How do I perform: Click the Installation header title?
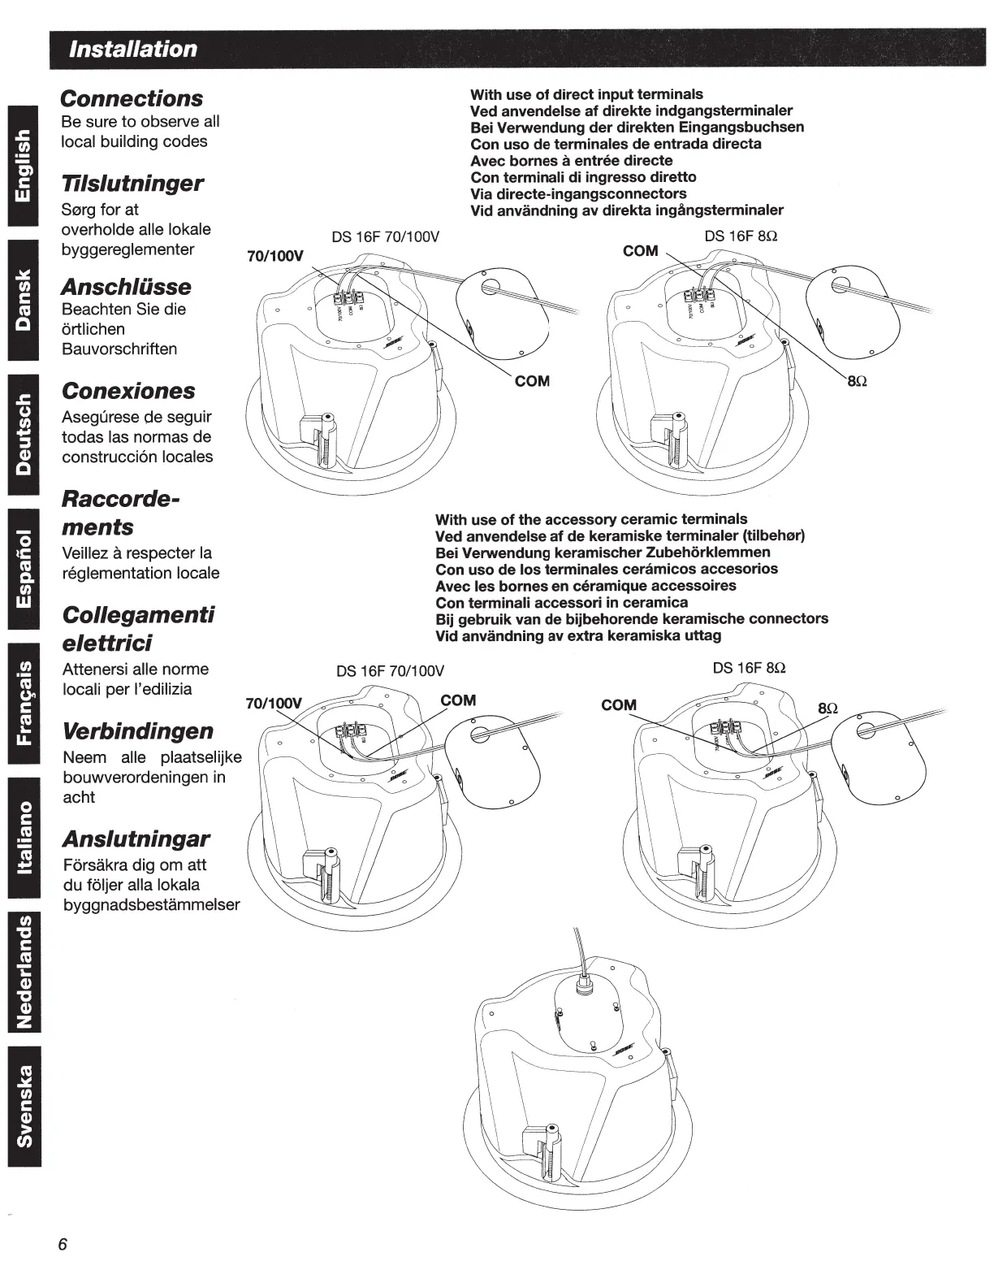[133, 49]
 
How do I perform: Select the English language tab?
[25, 166]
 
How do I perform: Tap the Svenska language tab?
[25, 1106]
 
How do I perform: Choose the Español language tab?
[25, 569]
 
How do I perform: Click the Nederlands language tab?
[25, 970]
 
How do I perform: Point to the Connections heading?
[132, 98]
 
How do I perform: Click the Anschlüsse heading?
[127, 287]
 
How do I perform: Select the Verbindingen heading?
[138, 731]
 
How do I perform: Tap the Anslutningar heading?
[136, 838]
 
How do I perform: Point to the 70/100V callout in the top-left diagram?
[274, 257]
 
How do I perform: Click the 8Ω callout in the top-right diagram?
[858, 382]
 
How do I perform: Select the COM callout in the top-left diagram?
[533, 381]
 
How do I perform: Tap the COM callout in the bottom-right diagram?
[619, 705]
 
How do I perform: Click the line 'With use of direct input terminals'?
[586, 94]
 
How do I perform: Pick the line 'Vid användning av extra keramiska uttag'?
[578, 635]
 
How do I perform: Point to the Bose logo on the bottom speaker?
[624, 1050]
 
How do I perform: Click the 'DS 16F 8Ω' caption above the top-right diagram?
[741, 236]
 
